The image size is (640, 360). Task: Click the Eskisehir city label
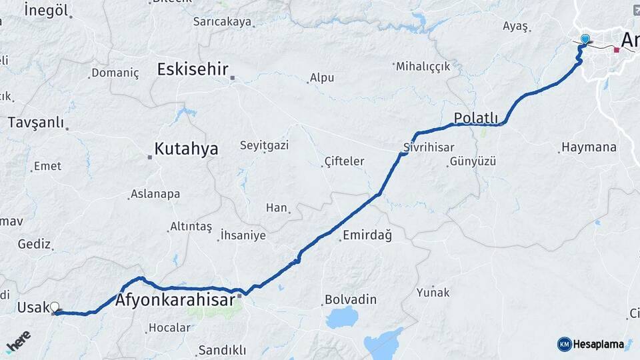[193, 69]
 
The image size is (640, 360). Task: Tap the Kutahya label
[186, 149]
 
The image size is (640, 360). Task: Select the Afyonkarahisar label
[175, 301]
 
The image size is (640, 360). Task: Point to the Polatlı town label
[476, 118]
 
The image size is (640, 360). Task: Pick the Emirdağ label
[367, 235]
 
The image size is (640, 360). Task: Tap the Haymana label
[589, 147]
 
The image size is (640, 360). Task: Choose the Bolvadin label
[351, 299]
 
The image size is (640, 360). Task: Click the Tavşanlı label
[36, 123]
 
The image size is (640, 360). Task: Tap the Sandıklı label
[223, 350]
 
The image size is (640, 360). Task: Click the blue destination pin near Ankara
[585, 39]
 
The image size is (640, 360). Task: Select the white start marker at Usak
[55, 307]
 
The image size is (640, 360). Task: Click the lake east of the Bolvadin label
[342, 317]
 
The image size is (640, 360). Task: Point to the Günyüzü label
[473, 161]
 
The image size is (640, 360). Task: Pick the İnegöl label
[46, 10]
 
